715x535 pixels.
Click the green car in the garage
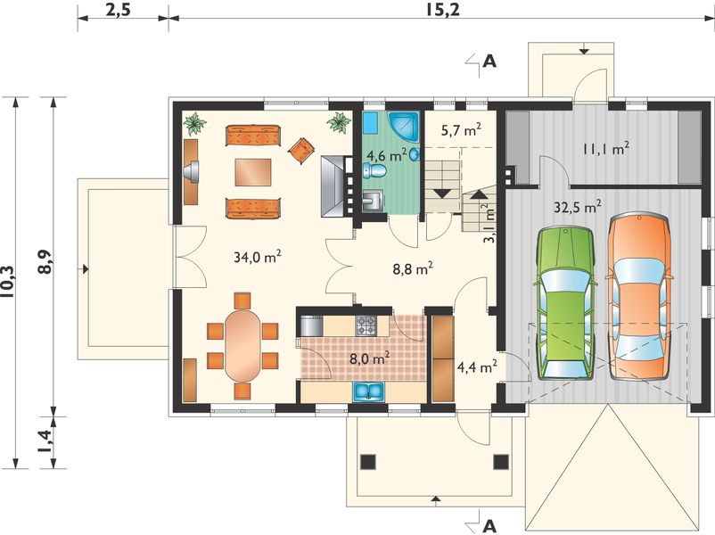click(x=566, y=303)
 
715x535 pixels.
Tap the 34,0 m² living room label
click(x=257, y=257)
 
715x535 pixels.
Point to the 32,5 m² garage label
click(x=578, y=207)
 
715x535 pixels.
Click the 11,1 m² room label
click(x=606, y=148)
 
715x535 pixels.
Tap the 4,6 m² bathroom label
click(x=387, y=155)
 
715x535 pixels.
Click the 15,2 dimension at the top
click(x=443, y=10)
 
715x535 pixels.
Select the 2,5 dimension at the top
click(x=118, y=10)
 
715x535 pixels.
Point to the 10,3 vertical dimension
click(x=8, y=283)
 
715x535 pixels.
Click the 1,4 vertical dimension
click(x=45, y=442)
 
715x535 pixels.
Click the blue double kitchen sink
click(x=369, y=392)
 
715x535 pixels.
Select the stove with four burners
click(x=366, y=326)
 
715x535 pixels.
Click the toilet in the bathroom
click(x=374, y=171)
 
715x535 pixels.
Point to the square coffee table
click(x=253, y=172)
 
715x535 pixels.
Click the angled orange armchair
click(x=301, y=150)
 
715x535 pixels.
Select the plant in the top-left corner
click(x=194, y=123)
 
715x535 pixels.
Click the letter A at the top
click(x=489, y=62)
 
